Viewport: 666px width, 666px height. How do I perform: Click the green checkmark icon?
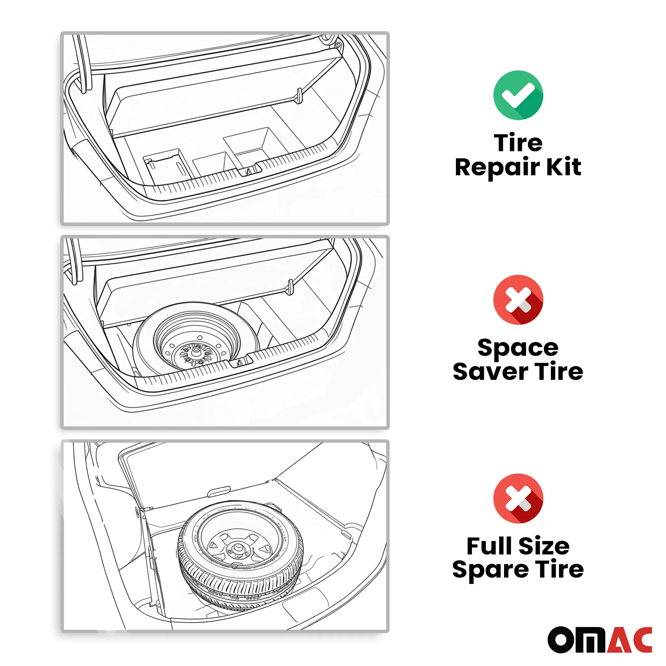coord(518,95)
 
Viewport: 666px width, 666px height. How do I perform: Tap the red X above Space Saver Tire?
coord(518,300)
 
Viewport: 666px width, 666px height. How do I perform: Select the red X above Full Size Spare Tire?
coord(518,499)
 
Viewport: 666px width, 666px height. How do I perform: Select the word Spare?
coord(490,570)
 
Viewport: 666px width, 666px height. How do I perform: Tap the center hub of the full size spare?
coord(237,547)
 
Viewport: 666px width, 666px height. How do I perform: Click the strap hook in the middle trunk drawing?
coord(290,287)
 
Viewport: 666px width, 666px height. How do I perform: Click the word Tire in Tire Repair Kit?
coord(518,142)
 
